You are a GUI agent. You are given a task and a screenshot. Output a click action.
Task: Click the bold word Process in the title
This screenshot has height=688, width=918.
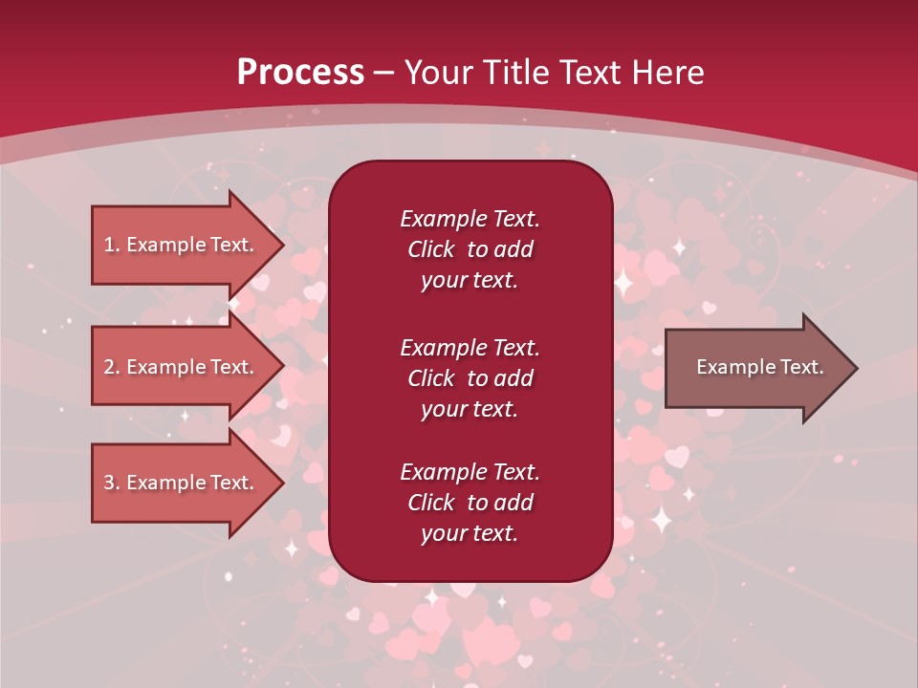tap(300, 73)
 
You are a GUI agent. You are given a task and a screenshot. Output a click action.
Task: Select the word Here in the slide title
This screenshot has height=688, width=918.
tap(665, 73)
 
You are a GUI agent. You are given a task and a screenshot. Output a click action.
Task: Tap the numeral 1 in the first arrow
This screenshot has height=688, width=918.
tap(108, 245)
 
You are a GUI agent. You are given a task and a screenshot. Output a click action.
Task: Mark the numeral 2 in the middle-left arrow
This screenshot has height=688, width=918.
tap(108, 368)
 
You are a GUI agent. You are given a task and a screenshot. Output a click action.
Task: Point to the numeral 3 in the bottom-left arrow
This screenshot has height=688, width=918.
tap(108, 483)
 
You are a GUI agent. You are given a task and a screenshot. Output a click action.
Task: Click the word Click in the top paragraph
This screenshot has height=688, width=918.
tap(430, 249)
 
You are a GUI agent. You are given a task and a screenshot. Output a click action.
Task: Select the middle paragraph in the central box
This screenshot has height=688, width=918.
tap(470, 378)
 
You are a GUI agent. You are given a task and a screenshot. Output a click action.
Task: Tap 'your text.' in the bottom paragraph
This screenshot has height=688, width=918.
tap(470, 533)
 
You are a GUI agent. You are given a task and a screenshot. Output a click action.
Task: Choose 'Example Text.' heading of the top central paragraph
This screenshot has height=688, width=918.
tap(470, 219)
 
